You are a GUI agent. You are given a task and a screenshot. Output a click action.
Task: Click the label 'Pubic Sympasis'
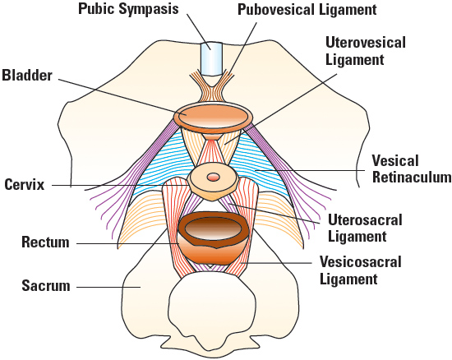pos(128,9)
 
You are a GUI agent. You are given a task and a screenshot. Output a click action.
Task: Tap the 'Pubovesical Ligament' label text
pos(307,10)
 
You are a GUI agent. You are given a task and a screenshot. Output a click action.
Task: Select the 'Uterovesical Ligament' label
pos(365,51)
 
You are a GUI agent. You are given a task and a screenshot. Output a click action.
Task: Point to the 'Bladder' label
pos(27,76)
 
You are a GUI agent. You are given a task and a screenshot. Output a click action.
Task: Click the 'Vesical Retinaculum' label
pos(412,168)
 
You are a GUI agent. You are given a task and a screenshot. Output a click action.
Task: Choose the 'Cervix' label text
pos(25,184)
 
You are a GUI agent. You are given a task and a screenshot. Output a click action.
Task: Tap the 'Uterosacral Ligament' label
pos(365,228)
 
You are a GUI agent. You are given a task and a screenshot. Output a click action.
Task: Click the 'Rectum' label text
pos(45,242)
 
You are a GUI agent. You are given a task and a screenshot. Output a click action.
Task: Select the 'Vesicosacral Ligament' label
pos(360,270)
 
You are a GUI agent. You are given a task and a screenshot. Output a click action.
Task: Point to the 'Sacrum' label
pos(46,286)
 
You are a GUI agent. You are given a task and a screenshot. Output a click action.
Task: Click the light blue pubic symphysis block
pos(212,59)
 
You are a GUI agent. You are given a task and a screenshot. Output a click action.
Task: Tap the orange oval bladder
pos(213,118)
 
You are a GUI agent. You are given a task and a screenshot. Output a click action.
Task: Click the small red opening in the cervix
pos(213,177)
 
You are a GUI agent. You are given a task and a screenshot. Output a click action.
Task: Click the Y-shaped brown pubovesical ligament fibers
pos(212,86)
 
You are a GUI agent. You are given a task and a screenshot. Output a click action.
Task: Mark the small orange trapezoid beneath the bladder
pos(213,136)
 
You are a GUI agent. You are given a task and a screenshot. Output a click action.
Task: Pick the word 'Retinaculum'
pos(412,177)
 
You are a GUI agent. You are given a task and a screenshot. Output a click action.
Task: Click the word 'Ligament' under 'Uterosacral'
pos(357,237)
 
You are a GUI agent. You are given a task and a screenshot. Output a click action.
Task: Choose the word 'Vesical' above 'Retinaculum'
pos(395,161)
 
